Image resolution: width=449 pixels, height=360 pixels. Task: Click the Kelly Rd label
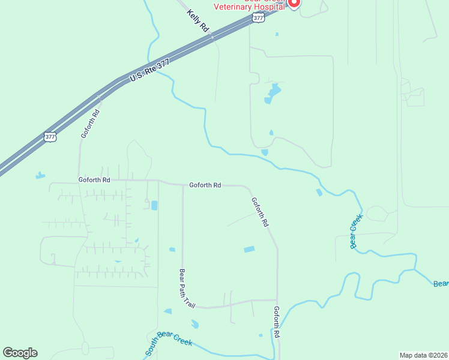pos(197,21)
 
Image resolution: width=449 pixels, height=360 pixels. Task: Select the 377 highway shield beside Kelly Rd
pos(258,18)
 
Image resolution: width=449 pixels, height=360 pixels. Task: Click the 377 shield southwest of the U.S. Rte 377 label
pos(50,137)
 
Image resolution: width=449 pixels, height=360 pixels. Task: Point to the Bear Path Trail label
pos(187,288)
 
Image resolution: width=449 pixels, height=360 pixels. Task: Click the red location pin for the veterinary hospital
pos(294,3)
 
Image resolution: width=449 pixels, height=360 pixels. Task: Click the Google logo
pos(20,353)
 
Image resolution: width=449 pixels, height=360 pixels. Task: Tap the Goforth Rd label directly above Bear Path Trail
pos(205,185)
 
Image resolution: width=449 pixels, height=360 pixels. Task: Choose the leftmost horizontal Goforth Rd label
pos(94,179)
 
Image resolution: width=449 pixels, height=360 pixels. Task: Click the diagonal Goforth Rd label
pos(260,212)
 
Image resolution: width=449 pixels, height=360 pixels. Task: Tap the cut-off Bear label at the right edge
pos(441,283)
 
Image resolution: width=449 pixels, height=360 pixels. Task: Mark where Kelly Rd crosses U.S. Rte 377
pos(212,37)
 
